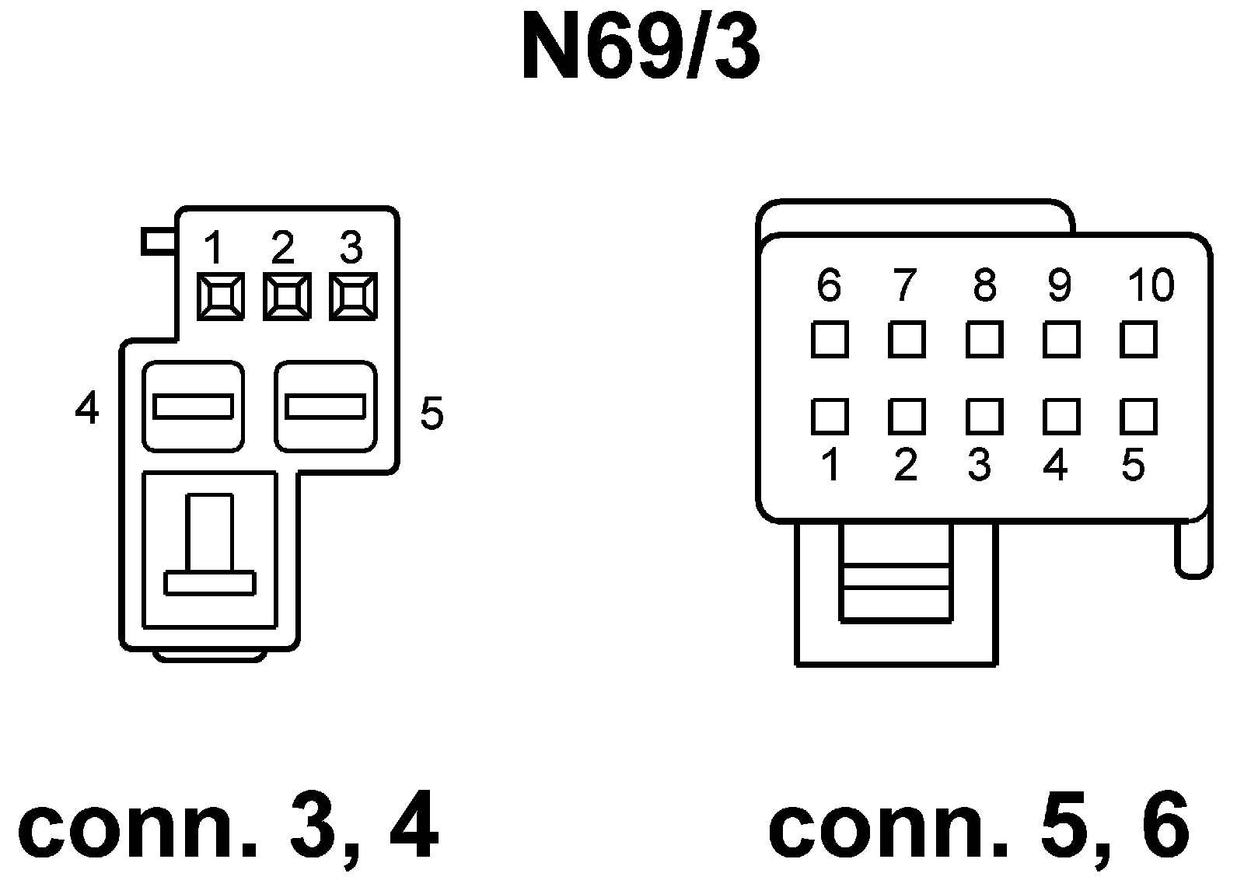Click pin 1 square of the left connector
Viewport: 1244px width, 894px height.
coord(220,297)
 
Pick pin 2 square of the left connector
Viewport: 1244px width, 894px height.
coord(287,297)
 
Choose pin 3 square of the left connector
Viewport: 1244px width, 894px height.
coord(353,297)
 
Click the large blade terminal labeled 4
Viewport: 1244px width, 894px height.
coord(193,406)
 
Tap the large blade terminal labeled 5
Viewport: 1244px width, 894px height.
coord(326,406)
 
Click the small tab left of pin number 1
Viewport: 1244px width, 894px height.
coord(159,241)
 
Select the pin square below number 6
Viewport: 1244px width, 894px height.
coord(829,340)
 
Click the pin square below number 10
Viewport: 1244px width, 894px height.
coord(1139,340)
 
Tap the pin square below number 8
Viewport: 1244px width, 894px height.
coord(984,340)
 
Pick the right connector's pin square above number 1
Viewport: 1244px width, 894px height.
coord(829,417)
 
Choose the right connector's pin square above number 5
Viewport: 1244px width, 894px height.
coord(1139,417)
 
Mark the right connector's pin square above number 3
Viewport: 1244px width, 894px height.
coord(984,417)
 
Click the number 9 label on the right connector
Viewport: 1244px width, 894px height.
coord(1059,285)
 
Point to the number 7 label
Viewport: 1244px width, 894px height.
coord(904,285)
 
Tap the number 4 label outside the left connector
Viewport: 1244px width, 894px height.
coord(87,407)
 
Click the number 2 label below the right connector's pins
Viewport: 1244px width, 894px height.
coord(905,466)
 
